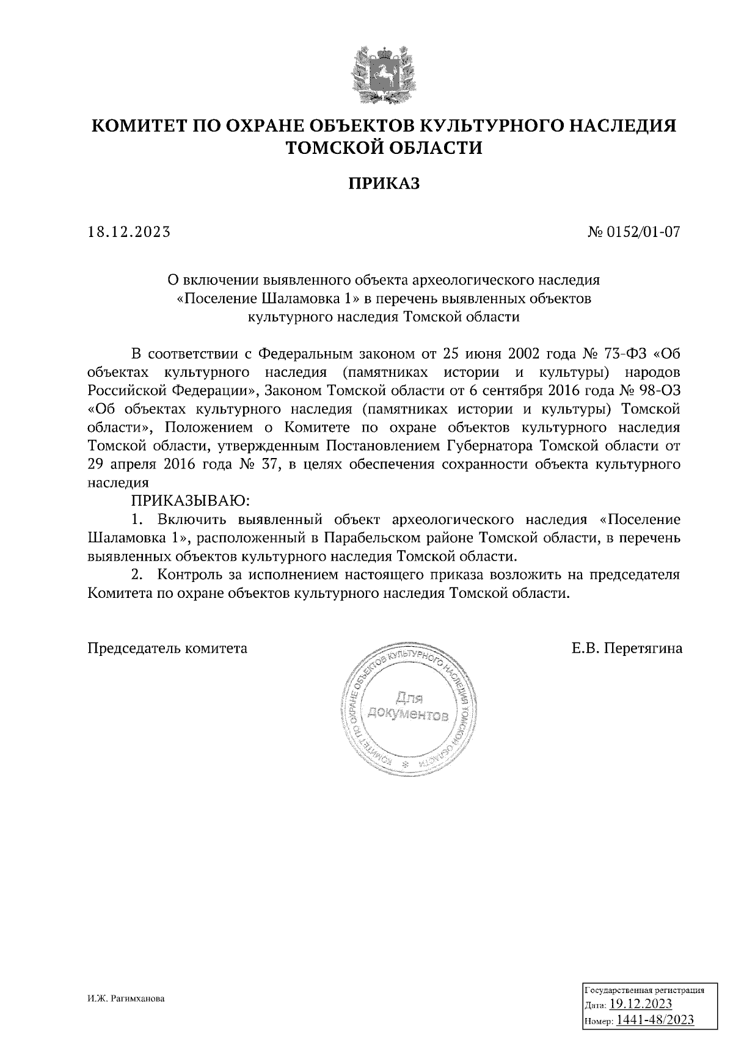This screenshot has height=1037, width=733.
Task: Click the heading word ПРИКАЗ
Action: click(384, 183)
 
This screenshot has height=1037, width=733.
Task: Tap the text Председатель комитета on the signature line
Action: click(167, 649)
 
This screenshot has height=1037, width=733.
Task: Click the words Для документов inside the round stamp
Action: click(408, 707)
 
